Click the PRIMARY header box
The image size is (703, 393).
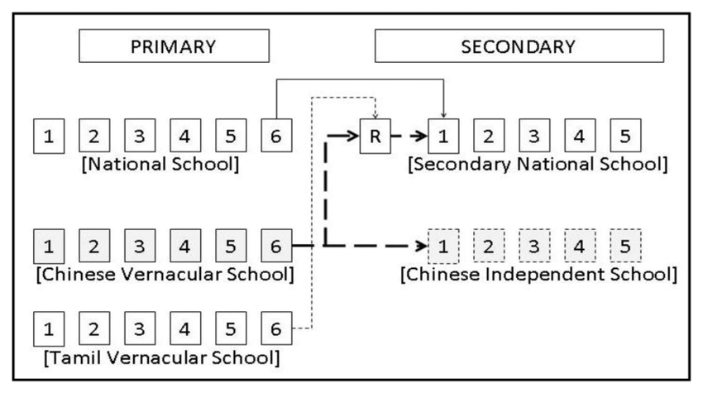click(x=174, y=46)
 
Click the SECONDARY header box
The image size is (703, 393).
click(x=518, y=46)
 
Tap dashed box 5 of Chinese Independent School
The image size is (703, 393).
click(x=624, y=246)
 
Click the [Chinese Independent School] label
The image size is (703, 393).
click(x=538, y=274)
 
